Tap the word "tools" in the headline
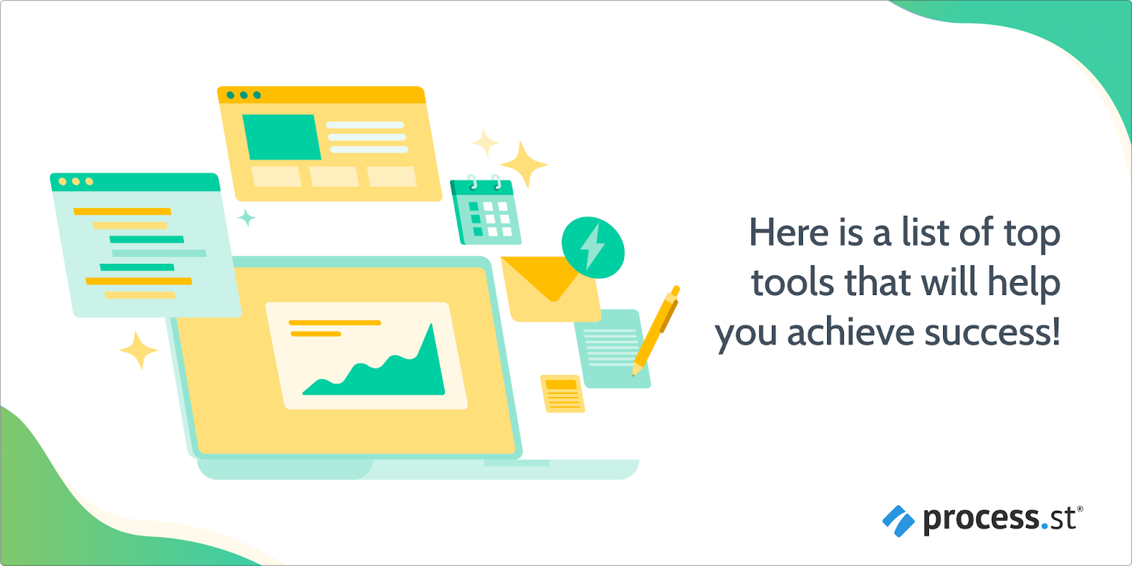pos(792,282)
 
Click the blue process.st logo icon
pos(898,521)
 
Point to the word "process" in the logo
pos(981,520)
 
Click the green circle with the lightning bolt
pos(594,247)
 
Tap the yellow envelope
pos(552,289)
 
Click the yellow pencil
pos(655,331)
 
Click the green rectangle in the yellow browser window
pos(282,137)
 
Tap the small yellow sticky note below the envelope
pos(562,393)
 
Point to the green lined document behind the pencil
pos(611,349)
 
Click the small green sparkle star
pos(247,218)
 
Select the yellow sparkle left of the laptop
pos(139,350)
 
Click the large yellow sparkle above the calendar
pos(524,164)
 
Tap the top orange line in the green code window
pos(122,212)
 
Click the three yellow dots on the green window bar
pos(76,181)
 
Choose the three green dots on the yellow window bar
pos(243,95)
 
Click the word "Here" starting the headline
pos(789,233)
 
